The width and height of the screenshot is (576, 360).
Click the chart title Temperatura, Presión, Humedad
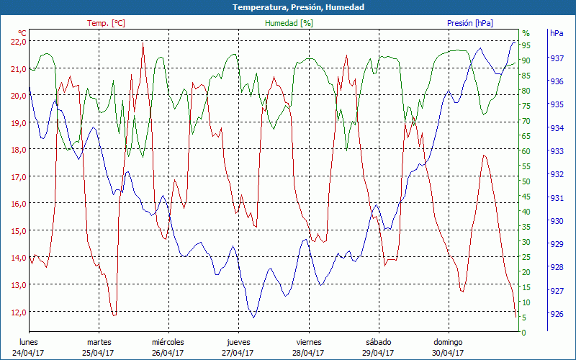(288, 7)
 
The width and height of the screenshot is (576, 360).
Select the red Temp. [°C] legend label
(106, 23)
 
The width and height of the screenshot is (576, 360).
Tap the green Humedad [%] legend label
(289, 23)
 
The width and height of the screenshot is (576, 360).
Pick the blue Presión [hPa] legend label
(470, 23)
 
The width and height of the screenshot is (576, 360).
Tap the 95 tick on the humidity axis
(526, 45)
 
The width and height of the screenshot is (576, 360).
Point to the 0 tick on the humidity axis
(524, 333)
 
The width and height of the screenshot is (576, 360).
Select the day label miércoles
(168, 342)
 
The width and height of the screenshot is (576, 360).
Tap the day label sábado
(378, 342)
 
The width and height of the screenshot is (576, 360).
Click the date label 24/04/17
(28, 353)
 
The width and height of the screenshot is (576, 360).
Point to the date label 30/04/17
(448, 353)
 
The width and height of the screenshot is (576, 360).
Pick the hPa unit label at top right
(557, 33)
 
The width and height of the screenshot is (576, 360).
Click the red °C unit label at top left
(22, 33)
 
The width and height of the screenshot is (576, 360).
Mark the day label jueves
(238, 342)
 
